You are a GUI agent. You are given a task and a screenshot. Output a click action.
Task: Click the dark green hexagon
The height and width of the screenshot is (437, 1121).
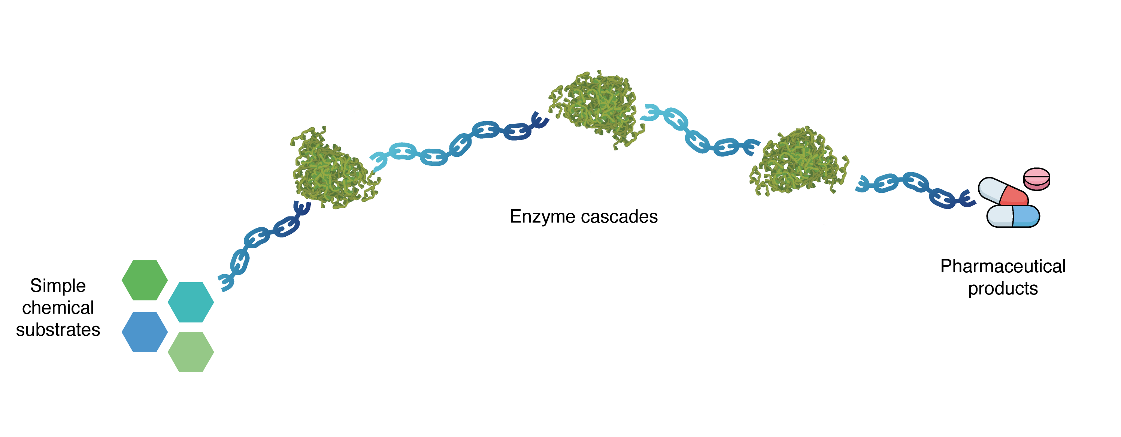pyautogui.click(x=145, y=280)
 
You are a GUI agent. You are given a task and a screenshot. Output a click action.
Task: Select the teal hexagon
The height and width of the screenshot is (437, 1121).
pyautogui.click(x=191, y=302)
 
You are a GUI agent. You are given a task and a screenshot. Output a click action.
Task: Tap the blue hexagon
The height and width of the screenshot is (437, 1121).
pyautogui.click(x=145, y=332)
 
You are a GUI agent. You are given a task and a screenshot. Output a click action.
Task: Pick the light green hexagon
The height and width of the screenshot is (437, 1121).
pyautogui.click(x=191, y=352)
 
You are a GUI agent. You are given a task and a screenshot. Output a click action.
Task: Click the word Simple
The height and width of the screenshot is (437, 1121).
pyautogui.click(x=58, y=286)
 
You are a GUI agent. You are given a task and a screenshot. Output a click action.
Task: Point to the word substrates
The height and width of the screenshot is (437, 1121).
pyautogui.click(x=58, y=330)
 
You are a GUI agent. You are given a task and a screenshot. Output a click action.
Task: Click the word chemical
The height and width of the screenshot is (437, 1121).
pyautogui.click(x=58, y=308)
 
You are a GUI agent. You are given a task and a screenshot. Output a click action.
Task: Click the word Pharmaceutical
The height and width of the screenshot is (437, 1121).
pyautogui.click(x=1003, y=266)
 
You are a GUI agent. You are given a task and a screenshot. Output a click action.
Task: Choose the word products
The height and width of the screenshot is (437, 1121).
pyautogui.click(x=1003, y=288)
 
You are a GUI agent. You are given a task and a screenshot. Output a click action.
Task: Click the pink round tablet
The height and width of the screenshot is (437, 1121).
pyautogui.click(x=1037, y=179)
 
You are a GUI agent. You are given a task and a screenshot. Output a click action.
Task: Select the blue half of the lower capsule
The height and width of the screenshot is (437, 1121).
pyautogui.click(x=1026, y=216)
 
